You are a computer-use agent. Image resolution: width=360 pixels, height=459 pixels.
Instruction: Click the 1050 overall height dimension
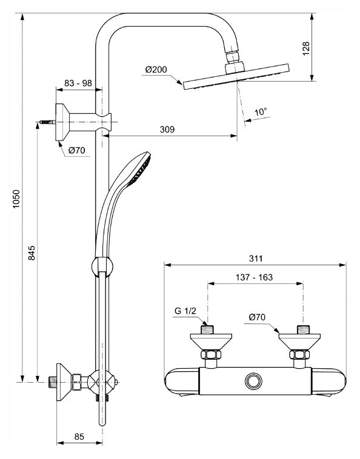pos(16,199)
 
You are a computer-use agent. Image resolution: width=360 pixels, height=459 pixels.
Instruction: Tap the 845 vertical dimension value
pos(32,253)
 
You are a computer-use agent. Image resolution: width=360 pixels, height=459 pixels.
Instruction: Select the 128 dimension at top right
pos(306,48)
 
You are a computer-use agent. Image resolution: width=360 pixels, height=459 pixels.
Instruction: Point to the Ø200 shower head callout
pos(156,70)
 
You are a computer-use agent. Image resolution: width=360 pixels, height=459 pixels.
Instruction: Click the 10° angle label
pos(261,112)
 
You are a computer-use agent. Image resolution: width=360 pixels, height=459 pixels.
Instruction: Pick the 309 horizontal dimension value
pos(167,129)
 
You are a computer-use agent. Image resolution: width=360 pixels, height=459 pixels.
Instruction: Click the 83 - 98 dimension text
pos(78,83)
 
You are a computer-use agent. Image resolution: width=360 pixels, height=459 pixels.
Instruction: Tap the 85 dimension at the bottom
pos(79,437)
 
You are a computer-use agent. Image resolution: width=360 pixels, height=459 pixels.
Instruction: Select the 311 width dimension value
pos(256,259)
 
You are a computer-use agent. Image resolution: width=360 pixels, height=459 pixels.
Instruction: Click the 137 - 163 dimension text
pos(255,277)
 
